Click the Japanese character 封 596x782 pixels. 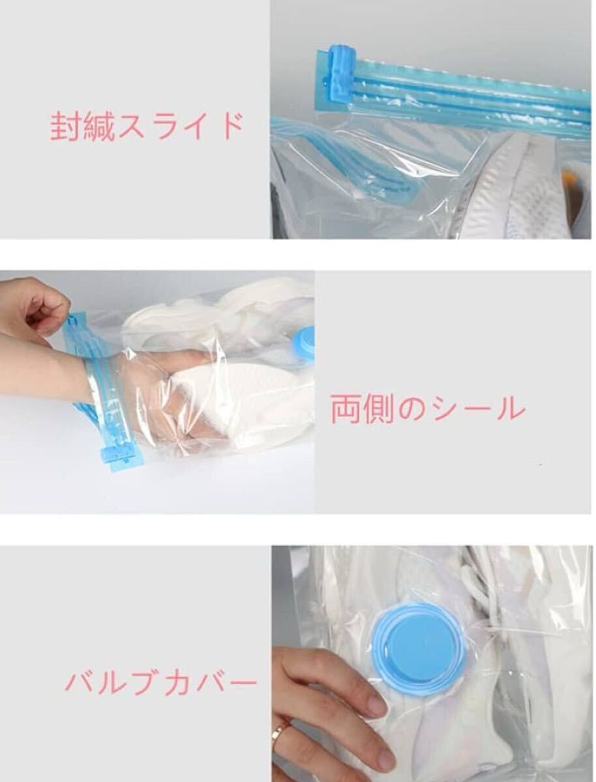click(x=65, y=127)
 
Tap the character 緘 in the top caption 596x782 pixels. click(x=97, y=127)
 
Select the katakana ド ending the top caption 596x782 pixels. click(x=232, y=126)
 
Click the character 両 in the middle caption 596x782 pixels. click(x=346, y=409)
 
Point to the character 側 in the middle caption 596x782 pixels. click(x=378, y=409)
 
